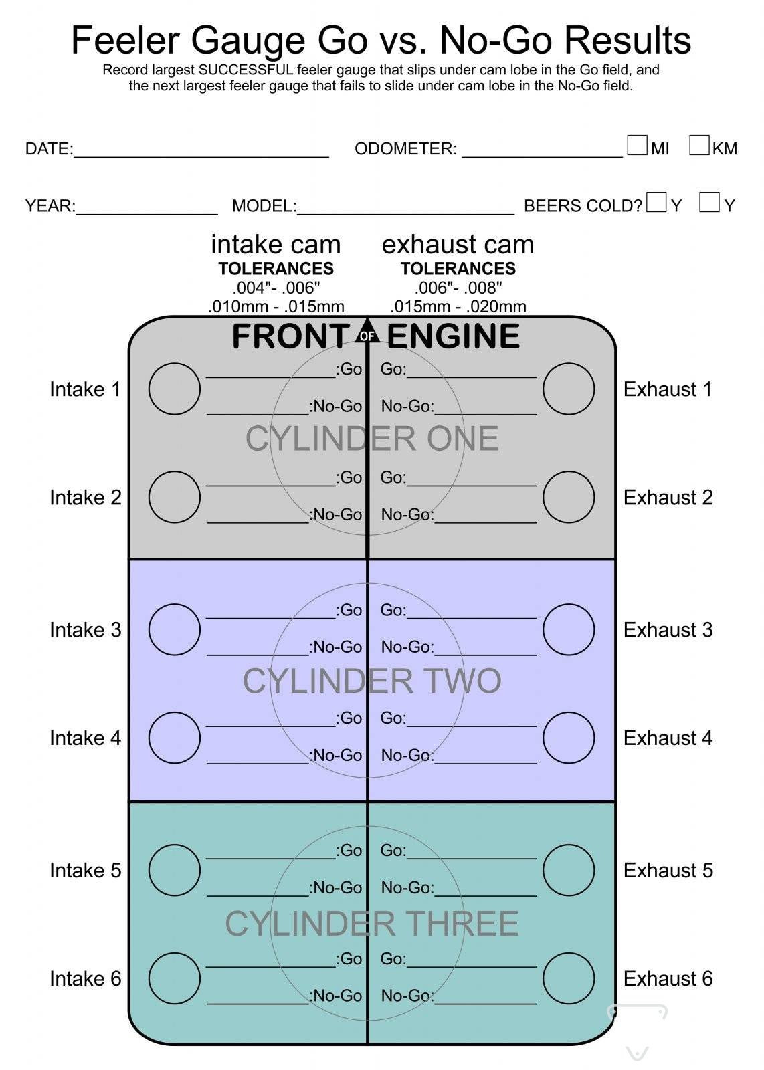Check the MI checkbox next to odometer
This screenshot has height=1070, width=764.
(x=637, y=145)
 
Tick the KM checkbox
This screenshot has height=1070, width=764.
(x=699, y=145)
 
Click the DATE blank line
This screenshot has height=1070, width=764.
(x=201, y=151)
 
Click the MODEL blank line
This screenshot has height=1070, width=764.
(x=405, y=208)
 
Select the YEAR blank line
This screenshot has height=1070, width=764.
(x=147, y=208)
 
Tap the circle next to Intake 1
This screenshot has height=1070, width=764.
(x=174, y=389)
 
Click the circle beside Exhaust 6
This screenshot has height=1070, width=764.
(x=569, y=978)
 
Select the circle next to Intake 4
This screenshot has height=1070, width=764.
(x=174, y=738)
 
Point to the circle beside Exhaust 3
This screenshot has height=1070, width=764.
(x=569, y=629)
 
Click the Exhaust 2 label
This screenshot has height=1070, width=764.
(x=668, y=498)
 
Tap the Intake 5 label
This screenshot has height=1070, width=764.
(x=86, y=871)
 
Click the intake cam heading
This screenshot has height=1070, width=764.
(x=276, y=245)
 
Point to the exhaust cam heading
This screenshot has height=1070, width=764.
(x=458, y=245)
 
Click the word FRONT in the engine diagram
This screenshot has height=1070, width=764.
(x=290, y=336)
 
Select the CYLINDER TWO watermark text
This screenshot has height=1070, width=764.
(x=372, y=681)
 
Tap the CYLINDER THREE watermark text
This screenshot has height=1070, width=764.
(x=372, y=924)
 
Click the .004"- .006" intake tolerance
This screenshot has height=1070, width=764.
(x=276, y=288)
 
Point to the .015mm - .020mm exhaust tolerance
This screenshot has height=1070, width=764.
(x=458, y=306)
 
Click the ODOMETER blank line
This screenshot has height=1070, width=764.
(x=542, y=151)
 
